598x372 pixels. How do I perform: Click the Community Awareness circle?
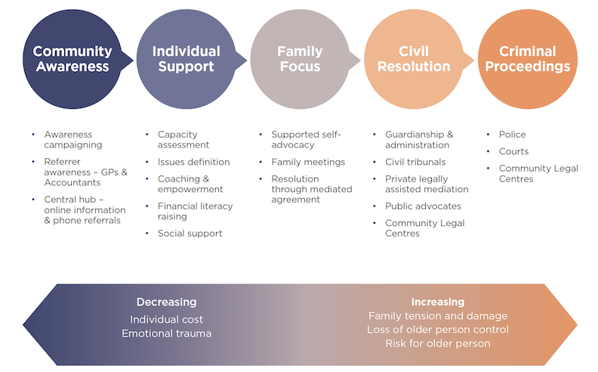click(x=72, y=59)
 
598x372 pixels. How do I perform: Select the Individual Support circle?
click(x=186, y=59)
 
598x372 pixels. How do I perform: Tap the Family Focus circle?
click(x=299, y=59)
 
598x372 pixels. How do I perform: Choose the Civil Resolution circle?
click(x=413, y=59)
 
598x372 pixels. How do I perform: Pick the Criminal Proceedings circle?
click(x=527, y=59)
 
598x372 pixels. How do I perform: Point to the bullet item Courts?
click(x=513, y=151)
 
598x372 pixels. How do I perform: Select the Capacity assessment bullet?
click(x=183, y=140)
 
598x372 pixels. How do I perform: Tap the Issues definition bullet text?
click(x=193, y=162)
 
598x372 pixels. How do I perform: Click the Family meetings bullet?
click(x=308, y=162)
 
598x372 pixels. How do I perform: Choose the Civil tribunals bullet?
click(x=415, y=162)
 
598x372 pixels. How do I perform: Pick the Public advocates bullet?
click(x=423, y=206)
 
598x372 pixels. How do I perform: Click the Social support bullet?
click(x=190, y=234)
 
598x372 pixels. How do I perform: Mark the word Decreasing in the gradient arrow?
click(x=166, y=302)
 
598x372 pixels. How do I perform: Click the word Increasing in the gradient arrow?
click(x=438, y=302)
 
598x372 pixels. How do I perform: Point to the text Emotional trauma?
click(x=166, y=333)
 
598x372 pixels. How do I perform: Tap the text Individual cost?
click(x=166, y=319)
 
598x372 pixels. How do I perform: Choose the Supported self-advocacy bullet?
click(x=307, y=140)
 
